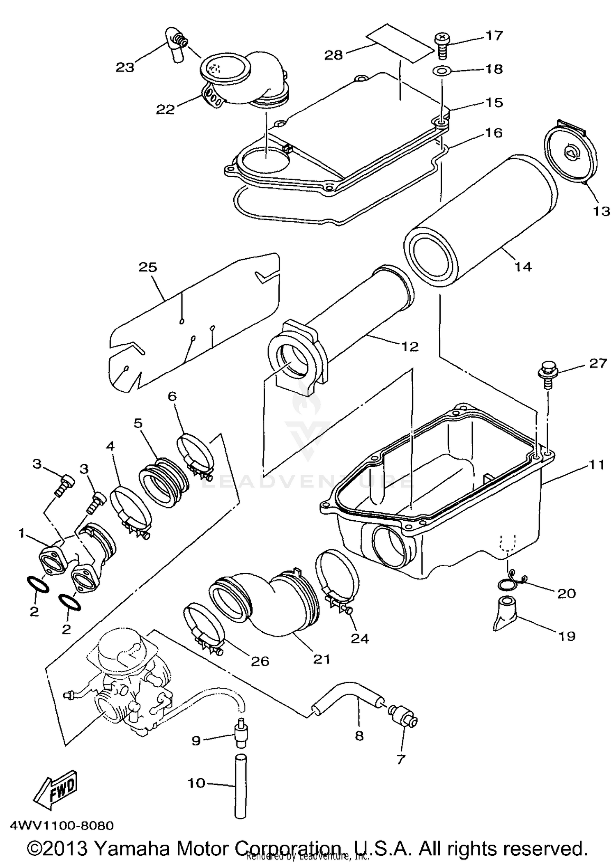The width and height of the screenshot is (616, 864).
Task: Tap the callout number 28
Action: point(333,55)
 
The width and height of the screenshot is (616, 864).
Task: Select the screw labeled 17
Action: point(441,45)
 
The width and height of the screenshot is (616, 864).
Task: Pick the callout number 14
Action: point(523,267)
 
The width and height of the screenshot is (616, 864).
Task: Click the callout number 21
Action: point(322,659)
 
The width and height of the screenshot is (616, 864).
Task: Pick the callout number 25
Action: point(148,267)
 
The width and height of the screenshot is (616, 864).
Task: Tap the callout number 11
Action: point(597,465)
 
